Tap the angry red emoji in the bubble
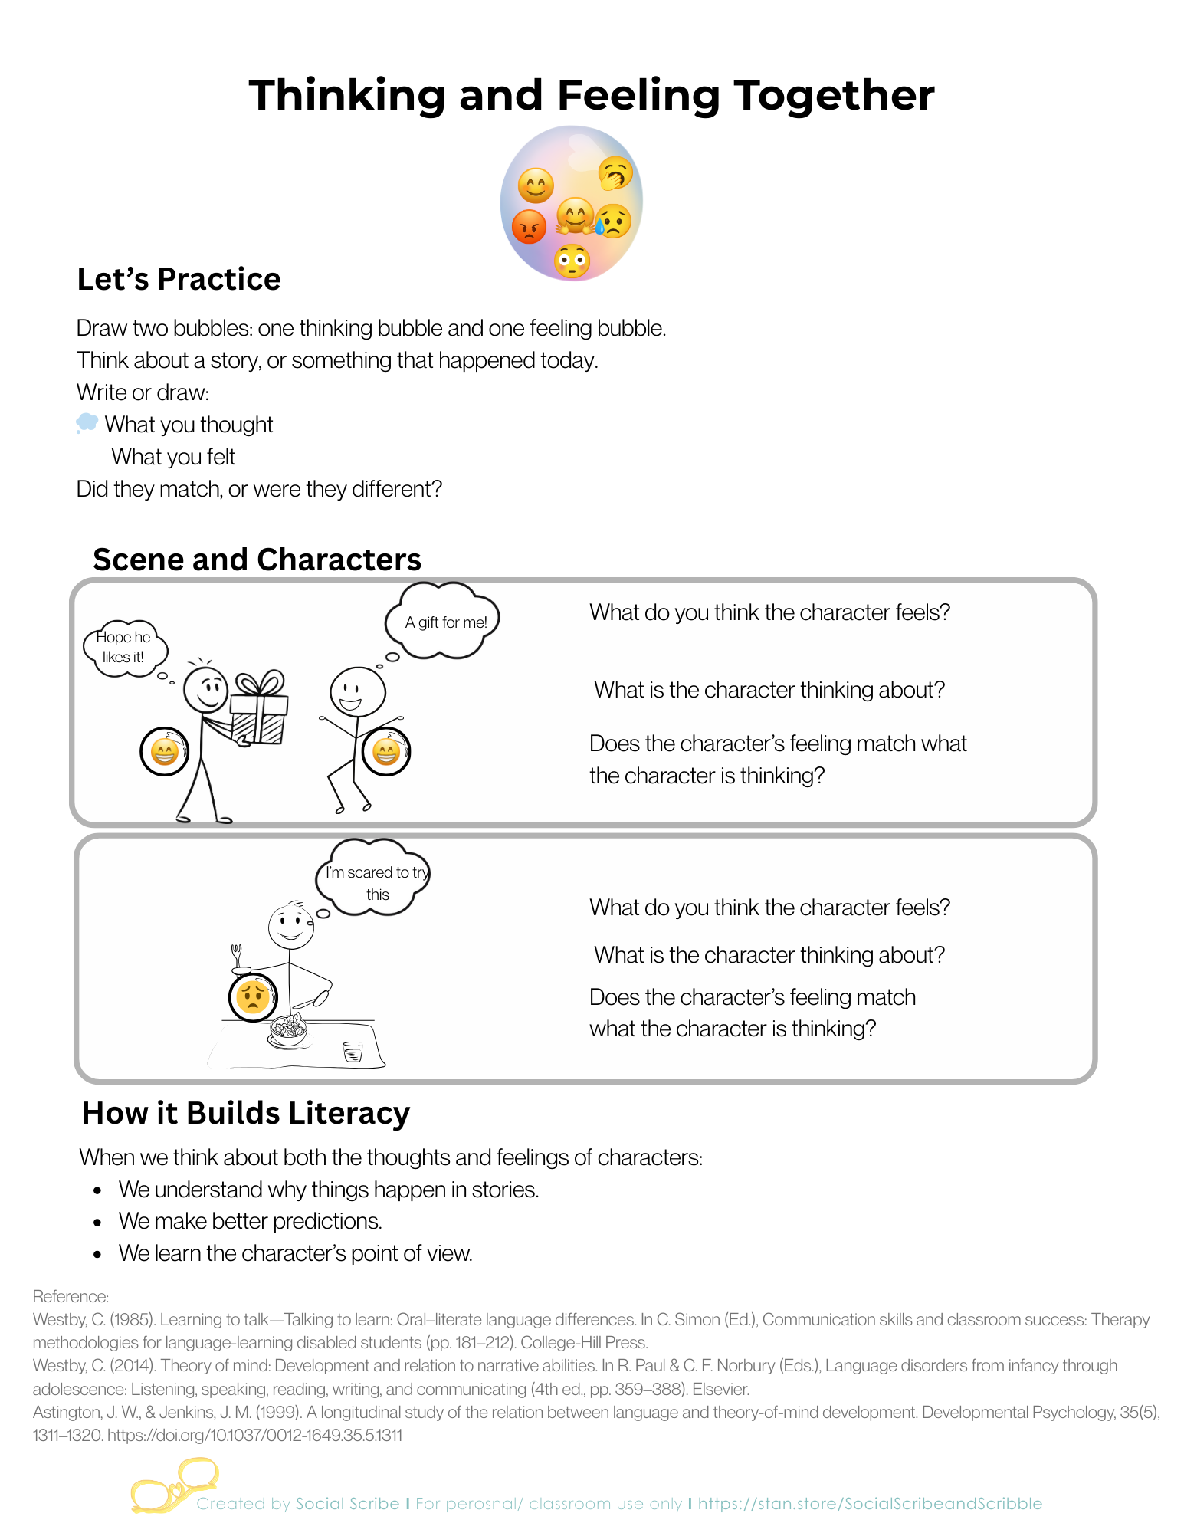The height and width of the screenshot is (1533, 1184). (x=529, y=226)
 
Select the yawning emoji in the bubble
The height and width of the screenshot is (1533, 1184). (x=615, y=174)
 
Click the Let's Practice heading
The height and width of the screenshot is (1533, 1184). (x=179, y=279)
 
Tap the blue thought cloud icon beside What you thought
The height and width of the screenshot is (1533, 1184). (x=87, y=423)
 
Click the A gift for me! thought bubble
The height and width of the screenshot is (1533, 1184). (x=445, y=622)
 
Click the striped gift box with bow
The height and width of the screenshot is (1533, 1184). (x=260, y=711)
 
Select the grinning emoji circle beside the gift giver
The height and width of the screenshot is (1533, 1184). (x=164, y=751)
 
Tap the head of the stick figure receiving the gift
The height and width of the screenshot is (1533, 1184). (x=357, y=691)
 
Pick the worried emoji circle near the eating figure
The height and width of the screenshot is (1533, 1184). (x=253, y=996)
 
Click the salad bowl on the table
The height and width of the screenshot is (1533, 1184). (x=288, y=1029)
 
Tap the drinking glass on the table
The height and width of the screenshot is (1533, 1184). (x=353, y=1051)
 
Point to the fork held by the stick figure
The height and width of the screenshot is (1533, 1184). (x=237, y=955)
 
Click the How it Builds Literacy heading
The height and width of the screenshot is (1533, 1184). (x=245, y=1113)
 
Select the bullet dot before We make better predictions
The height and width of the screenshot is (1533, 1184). (x=97, y=1222)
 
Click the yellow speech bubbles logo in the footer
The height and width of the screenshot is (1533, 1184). (x=174, y=1485)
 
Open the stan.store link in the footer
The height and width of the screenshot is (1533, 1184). (x=870, y=1504)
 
